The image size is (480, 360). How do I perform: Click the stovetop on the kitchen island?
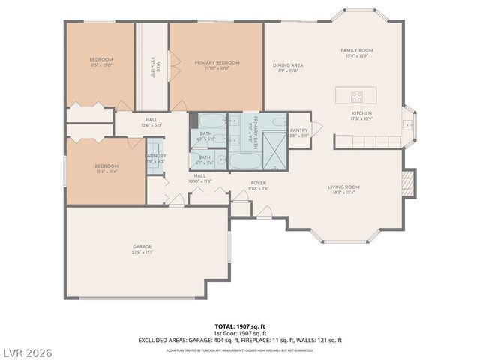point(356,96)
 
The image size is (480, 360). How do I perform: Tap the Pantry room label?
point(299,130)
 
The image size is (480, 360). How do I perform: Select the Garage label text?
point(142,247)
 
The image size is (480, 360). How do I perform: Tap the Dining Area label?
point(288,66)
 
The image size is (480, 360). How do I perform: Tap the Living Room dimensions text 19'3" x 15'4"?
point(344,193)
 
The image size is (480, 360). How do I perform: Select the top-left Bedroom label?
point(101,59)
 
